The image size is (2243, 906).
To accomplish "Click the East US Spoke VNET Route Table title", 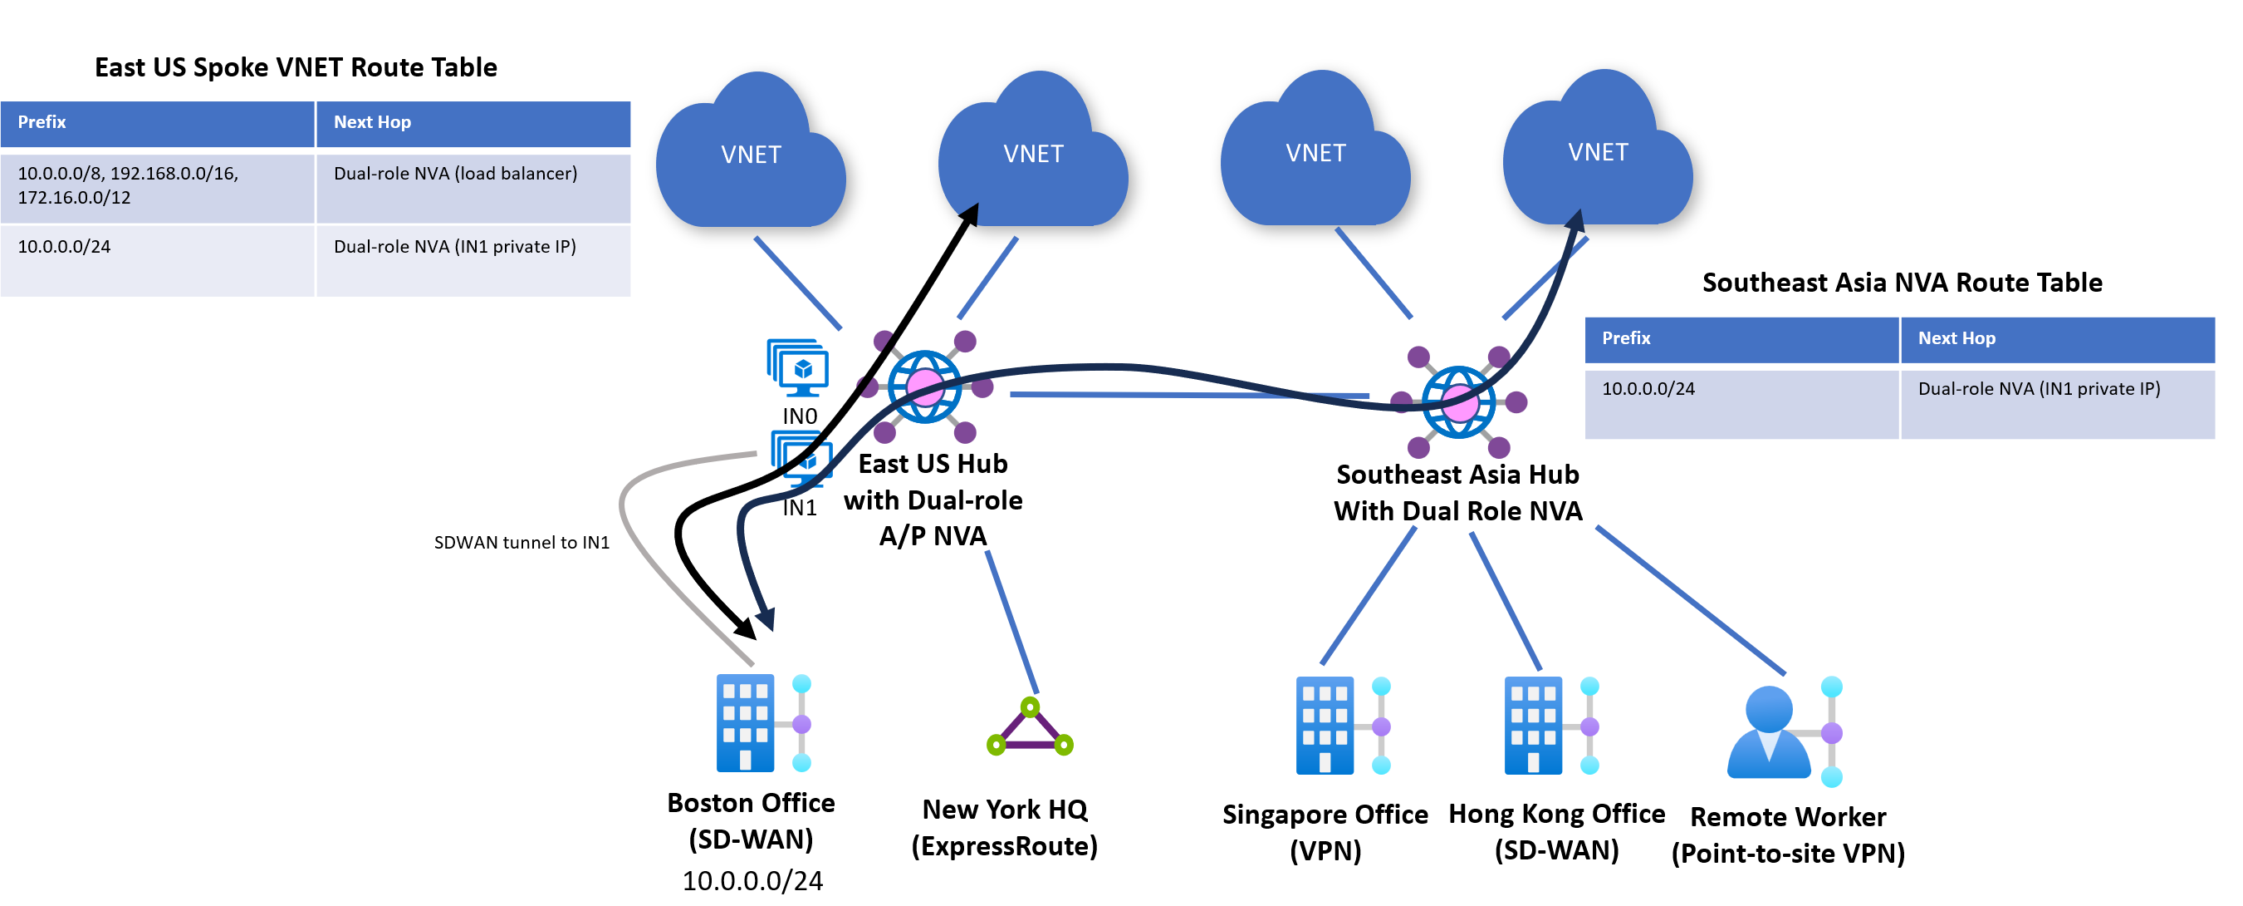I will click(x=295, y=67).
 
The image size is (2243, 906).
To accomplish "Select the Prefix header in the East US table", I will click(x=42, y=122).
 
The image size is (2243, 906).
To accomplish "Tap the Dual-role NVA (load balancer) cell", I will click(x=455, y=174).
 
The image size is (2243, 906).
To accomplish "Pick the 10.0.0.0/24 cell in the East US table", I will click(x=65, y=247).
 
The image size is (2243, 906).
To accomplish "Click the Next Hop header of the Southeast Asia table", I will click(x=1956, y=338).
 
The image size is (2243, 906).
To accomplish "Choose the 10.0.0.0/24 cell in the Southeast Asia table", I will click(x=1648, y=388).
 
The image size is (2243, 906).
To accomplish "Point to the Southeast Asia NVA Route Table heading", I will click(x=1902, y=283).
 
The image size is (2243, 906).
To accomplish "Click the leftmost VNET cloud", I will click(x=751, y=155).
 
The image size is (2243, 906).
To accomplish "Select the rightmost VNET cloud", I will click(x=1597, y=152).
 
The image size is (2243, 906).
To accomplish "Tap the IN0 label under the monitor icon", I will click(x=800, y=416).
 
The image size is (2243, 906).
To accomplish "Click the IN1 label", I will click(x=800, y=508).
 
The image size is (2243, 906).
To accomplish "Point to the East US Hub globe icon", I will click(x=925, y=386).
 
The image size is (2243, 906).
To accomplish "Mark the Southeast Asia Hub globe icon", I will click(x=1458, y=401).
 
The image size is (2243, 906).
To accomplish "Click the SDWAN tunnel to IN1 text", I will click(x=522, y=543).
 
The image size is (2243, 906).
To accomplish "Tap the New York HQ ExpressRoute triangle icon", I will click(x=1029, y=726).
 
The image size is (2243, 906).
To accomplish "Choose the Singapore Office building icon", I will click(x=1325, y=725).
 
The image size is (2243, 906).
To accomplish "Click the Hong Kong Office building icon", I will click(x=1533, y=725).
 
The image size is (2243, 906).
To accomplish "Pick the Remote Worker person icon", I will click(x=1770, y=731).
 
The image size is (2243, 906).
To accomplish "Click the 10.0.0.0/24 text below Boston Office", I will click(x=752, y=881).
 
